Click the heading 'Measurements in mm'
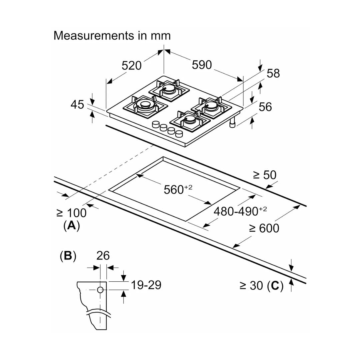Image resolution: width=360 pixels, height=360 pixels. point(112,36)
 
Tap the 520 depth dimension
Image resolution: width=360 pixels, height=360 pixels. point(132,66)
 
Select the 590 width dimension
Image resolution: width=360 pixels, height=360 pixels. point(202,65)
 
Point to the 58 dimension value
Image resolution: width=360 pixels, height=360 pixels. point(273,73)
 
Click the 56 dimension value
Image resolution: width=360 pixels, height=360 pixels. point(265,107)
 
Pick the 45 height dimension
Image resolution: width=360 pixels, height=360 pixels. point(77,105)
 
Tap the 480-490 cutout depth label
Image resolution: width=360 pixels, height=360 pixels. point(240,211)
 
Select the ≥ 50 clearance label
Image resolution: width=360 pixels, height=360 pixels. point(265,175)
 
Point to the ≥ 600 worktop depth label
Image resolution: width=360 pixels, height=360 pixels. point(264,228)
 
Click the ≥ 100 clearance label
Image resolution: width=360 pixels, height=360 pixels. point(71,213)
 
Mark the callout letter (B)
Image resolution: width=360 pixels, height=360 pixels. point(68,256)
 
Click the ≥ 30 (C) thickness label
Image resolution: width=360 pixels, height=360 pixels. point(261,286)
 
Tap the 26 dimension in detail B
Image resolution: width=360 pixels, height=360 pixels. point(103,256)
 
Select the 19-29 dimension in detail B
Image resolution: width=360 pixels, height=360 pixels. point(146,285)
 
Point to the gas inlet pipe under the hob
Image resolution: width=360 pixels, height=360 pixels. point(232,123)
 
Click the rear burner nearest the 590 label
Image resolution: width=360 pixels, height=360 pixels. point(169,89)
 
